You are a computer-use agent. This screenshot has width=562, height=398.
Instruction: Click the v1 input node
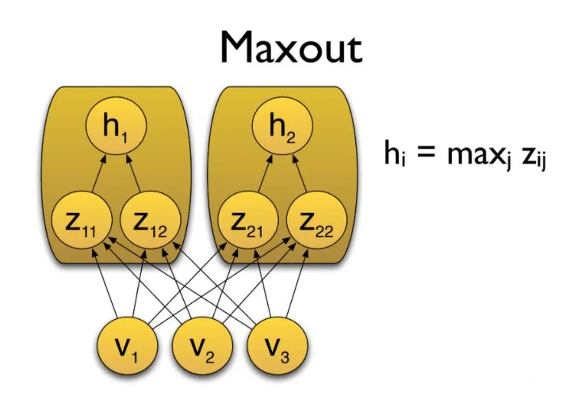click(127, 346)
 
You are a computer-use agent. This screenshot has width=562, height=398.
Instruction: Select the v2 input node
click(203, 346)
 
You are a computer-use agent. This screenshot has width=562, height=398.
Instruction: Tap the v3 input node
click(277, 346)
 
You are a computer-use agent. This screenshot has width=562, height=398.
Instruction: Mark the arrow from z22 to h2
click(300, 174)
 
